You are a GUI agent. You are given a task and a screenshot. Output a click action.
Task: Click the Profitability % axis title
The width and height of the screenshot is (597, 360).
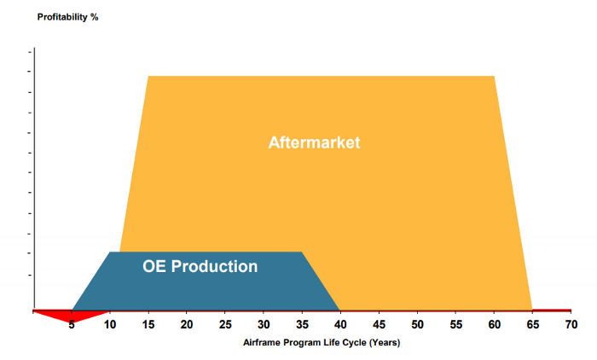click(x=67, y=17)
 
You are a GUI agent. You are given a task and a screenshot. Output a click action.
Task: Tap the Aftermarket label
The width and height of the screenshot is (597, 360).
click(x=314, y=142)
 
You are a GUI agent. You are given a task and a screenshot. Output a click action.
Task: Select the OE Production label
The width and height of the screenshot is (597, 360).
click(x=200, y=266)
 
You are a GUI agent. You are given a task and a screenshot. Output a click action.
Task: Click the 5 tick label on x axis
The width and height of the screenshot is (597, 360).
click(x=72, y=325)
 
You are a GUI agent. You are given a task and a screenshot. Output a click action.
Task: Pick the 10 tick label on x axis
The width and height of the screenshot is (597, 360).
click(x=110, y=325)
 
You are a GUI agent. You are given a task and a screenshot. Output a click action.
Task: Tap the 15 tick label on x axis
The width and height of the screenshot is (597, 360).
click(x=148, y=325)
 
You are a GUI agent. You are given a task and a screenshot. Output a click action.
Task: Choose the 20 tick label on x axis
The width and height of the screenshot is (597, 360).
click(x=187, y=325)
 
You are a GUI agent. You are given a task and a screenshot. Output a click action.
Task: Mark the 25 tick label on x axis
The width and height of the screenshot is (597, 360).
click(x=225, y=325)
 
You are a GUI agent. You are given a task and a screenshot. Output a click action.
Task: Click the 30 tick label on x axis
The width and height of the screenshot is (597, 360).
click(x=264, y=325)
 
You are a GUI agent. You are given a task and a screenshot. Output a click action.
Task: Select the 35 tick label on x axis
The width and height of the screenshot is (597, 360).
click(x=302, y=325)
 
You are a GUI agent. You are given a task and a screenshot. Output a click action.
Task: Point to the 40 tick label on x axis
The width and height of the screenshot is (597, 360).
click(x=340, y=325)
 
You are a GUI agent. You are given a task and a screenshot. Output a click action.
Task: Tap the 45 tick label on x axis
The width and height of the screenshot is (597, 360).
click(x=379, y=325)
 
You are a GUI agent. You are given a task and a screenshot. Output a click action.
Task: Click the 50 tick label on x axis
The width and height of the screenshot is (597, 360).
click(x=417, y=325)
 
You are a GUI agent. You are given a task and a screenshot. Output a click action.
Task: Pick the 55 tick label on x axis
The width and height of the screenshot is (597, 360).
click(x=455, y=325)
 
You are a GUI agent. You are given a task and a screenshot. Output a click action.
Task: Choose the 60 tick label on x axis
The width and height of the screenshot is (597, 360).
click(x=494, y=325)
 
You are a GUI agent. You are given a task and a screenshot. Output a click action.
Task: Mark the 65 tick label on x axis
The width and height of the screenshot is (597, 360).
click(x=532, y=325)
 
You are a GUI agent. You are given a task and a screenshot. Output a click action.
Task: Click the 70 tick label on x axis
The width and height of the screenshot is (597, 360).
click(x=571, y=325)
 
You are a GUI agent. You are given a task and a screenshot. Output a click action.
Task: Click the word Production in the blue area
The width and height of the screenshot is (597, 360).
click(x=214, y=266)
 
